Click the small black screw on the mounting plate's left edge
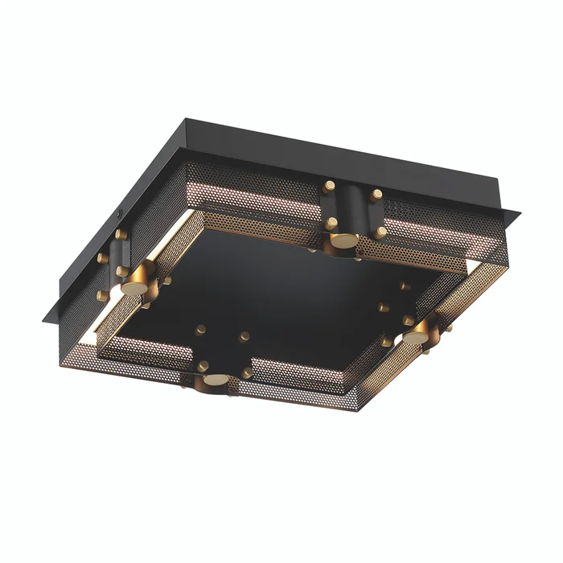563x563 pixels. click(120, 216)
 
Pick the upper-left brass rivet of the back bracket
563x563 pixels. click(329, 186)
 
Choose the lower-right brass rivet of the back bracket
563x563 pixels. click(381, 232)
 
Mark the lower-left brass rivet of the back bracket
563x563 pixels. click(330, 222)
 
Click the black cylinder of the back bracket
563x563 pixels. click(351, 207)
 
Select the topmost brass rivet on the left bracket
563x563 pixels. click(121, 234)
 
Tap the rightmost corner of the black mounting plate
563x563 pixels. click(520, 215)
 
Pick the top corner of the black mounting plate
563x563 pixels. click(187, 120)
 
